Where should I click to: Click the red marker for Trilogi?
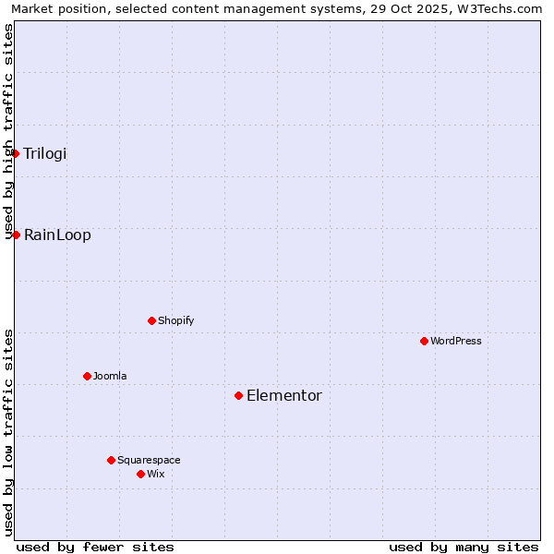(x=16, y=153)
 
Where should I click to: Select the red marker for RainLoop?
(x=16, y=235)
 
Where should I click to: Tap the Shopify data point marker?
(x=152, y=320)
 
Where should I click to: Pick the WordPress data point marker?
(x=424, y=341)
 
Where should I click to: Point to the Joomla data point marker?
(x=88, y=376)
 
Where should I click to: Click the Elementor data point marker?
(x=238, y=395)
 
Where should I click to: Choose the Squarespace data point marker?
(x=111, y=460)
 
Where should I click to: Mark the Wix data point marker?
(x=140, y=474)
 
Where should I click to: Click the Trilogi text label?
(x=45, y=153)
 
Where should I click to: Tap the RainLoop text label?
(x=57, y=235)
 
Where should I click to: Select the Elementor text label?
(x=284, y=395)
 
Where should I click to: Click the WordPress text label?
(x=456, y=341)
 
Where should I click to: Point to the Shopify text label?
(x=176, y=320)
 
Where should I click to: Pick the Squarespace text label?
(x=149, y=460)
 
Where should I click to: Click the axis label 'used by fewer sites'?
(x=95, y=547)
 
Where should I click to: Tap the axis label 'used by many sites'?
(x=464, y=547)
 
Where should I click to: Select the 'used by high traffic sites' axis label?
(x=8, y=131)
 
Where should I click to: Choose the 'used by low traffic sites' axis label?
(x=8, y=431)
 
